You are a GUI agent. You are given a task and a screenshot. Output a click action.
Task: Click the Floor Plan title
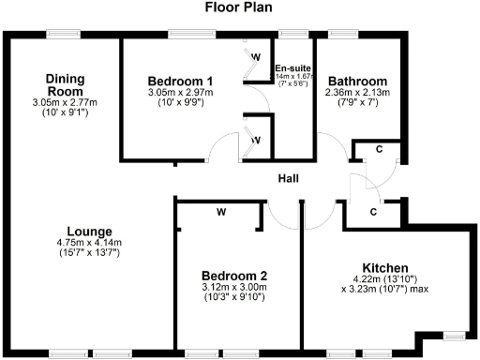(239, 8)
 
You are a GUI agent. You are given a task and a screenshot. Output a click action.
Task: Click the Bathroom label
(356, 81)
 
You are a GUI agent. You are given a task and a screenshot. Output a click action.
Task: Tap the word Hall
(288, 178)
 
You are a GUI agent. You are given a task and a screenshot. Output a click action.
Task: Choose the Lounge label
(90, 232)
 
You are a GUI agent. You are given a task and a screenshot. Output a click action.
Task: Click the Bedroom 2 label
(235, 275)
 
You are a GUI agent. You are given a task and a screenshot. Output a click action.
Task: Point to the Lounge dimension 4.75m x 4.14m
(90, 243)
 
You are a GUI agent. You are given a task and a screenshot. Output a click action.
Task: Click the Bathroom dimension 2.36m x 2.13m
(356, 92)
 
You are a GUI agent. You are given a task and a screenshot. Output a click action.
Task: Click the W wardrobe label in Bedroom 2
(221, 212)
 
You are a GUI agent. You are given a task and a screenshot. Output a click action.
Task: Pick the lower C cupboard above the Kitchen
(373, 212)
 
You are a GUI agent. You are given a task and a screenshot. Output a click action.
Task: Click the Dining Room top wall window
(64, 35)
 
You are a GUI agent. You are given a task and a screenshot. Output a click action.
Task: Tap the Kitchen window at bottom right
(456, 333)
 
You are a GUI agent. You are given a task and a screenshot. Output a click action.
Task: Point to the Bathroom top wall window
(356, 35)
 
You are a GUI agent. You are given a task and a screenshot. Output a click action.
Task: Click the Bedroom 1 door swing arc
(222, 148)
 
